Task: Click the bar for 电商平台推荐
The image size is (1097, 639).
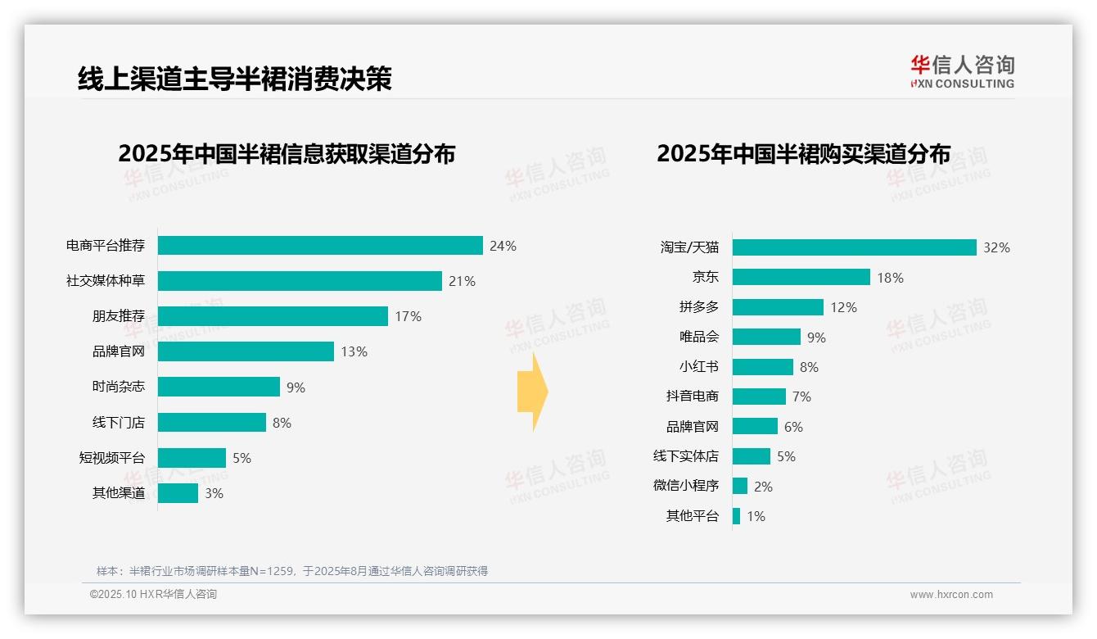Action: point(320,246)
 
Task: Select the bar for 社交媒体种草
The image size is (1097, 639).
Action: point(300,281)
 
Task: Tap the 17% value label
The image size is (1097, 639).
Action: point(408,316)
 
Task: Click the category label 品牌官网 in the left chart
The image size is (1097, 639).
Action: point(119,351)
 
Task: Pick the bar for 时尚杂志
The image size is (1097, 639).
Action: point(219,387)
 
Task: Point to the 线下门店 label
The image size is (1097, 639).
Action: point(119,423)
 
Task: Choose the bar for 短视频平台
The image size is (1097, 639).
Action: point(192,458)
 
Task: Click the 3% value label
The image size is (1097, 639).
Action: point(214,493)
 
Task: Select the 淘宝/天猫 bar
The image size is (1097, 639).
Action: point(854,247)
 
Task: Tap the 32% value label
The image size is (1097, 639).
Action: point(996,247)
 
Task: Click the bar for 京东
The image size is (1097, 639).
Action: point(801,278)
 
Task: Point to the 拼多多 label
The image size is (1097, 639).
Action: point(699,307)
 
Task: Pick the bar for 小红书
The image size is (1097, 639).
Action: point(762,367)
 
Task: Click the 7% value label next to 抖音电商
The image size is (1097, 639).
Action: point(801,397)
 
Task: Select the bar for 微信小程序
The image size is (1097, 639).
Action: point(739,486)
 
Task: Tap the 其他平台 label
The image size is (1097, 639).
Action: point(693,516)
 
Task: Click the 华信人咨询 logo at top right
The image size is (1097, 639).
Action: point(963,71)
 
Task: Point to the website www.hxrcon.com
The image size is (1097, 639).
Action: point(951,595)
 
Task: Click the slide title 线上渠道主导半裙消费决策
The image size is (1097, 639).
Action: point(235,79)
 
